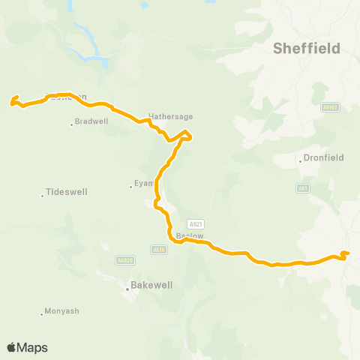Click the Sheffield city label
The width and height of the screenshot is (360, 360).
pos(305,49)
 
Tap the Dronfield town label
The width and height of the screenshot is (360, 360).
pos(324,159)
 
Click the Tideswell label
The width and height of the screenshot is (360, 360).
pos(67,192)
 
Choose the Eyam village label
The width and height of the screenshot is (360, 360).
pos(142,183)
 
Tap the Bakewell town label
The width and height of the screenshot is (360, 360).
pos(152,286)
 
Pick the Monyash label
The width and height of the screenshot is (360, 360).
pos(61,311)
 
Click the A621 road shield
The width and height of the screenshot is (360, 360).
pos(196,223)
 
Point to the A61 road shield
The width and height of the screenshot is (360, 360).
pos(302,187)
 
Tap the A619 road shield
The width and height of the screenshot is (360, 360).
pos(157,250)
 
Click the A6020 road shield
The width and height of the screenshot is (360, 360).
pos(125,260)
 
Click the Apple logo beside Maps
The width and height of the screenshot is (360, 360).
pos(11,347)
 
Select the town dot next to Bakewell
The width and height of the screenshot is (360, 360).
pos(126,286)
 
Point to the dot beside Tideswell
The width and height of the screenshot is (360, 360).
pos(42,196)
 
